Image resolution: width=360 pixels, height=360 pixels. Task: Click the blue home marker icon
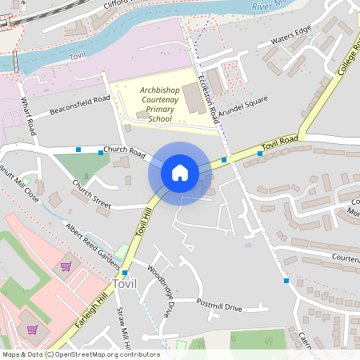(x=180, y=173)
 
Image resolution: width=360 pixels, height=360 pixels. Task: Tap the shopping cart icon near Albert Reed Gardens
(x=66, y=266)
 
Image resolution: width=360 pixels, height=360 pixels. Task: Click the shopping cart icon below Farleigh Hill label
(x=32, y=329)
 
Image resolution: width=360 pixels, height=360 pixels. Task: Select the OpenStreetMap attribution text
(x=80, y=354)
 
